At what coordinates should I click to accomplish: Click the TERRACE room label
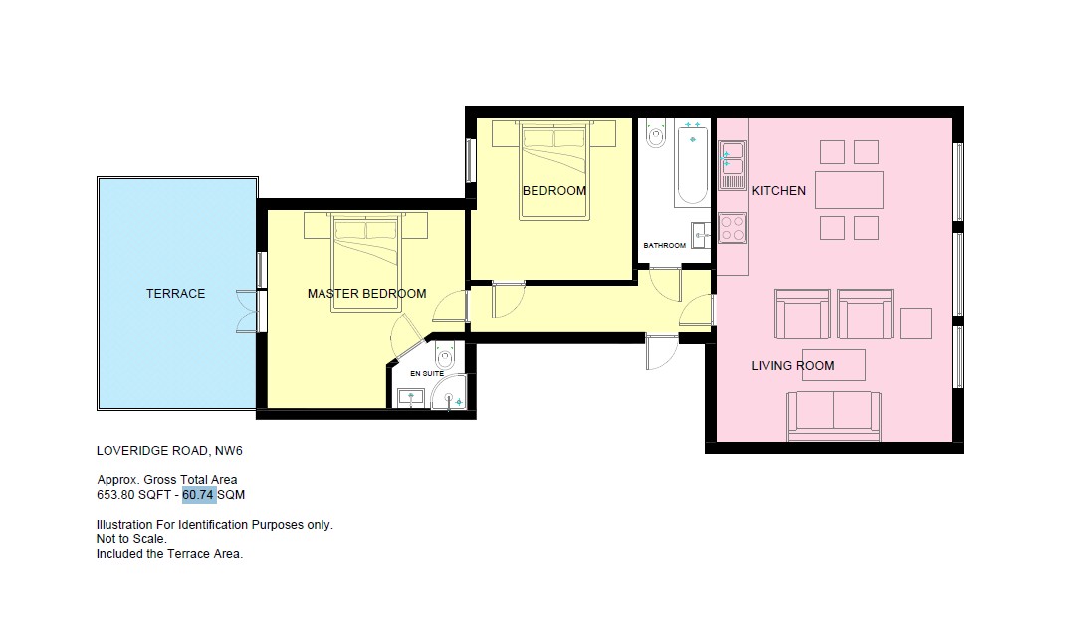tap(175, 294)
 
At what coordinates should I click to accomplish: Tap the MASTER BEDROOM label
tap(366, 294)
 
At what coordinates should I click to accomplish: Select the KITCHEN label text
tap(778, 191)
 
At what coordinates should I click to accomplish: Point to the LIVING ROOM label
tap(793, 366)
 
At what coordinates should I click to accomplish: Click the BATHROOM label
tap(665, 245)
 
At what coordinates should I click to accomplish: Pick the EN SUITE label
tap(427, 373)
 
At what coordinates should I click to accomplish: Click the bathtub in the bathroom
tap(692, 163)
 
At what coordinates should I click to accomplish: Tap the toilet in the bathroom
tap(656, 133)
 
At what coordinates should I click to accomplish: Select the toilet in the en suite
tap(445, 355)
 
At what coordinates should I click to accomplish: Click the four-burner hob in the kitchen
tap(732, 228)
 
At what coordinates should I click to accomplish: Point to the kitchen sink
tap(732, 165)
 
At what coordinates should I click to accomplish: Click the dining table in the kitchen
tap(849, 189)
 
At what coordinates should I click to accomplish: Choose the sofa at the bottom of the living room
tap(833, 416)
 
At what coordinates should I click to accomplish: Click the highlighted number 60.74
tap(198, 495)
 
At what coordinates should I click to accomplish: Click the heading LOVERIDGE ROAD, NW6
tap(169, 451)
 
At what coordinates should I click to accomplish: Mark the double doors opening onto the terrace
tap(248, 312)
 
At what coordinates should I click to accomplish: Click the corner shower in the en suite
tap(449, 393)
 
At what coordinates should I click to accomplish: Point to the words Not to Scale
tap(131, 539)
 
